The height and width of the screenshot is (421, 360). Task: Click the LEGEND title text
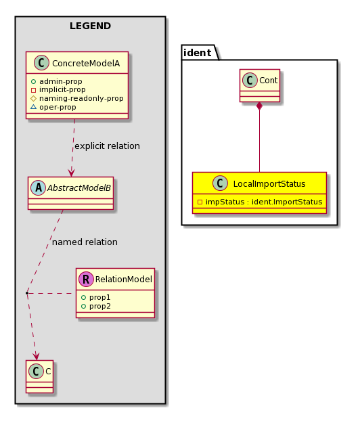90,26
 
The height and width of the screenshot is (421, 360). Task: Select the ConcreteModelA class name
86,64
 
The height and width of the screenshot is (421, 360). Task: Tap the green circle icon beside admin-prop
33,81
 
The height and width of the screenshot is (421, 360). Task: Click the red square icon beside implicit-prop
33,90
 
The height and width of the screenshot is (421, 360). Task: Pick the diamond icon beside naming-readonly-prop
33,99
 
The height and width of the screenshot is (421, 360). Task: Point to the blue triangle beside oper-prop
33,107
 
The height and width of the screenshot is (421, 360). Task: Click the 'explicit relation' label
107,146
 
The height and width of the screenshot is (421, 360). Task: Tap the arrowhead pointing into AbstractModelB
71,173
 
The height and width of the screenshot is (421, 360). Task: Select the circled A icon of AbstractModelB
38,187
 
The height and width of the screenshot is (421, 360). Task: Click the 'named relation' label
85,242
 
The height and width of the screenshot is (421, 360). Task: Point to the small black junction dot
27,293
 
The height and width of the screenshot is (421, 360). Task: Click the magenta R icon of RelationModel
86,280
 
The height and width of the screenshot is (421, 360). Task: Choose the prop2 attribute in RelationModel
100,306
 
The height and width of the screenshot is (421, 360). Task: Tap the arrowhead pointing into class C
36,357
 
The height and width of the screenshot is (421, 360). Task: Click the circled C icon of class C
36,372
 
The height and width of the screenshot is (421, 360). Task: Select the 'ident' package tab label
198,53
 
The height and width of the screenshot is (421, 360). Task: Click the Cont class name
268,81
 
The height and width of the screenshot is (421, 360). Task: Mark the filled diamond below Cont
259,106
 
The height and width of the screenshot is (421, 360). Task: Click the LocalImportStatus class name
269,184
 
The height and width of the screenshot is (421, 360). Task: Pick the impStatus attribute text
264,202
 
